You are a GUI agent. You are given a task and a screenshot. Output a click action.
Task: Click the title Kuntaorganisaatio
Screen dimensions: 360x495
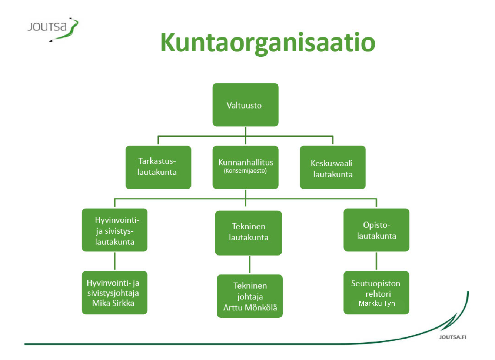268,43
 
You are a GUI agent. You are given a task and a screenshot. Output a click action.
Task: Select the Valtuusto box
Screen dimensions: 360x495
245,105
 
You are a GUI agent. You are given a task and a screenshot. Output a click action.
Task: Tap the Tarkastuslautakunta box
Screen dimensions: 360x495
158,167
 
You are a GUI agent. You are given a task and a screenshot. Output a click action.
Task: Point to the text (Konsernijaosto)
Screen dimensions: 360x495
245,171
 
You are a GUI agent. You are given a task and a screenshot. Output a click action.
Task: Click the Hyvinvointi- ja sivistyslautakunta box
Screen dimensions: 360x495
114,230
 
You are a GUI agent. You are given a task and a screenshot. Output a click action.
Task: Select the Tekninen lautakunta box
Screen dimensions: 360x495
248,233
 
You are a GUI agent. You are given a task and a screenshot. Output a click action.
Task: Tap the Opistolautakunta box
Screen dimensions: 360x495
376,230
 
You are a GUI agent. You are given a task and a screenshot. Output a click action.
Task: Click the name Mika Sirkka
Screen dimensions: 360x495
113,303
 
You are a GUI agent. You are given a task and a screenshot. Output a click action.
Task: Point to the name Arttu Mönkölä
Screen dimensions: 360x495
250,307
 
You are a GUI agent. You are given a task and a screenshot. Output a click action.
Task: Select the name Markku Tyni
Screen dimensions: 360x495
378,303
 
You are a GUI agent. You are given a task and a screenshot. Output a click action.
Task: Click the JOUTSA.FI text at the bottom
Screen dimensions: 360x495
453,337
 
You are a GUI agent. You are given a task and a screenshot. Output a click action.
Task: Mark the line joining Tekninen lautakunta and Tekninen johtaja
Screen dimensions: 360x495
250,264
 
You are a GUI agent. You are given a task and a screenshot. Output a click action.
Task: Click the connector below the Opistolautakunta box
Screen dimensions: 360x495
376,261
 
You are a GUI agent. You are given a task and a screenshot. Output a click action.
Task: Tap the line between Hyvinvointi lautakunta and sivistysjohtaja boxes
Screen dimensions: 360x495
115,261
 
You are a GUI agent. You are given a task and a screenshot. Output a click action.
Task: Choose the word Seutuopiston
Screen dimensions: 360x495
376,283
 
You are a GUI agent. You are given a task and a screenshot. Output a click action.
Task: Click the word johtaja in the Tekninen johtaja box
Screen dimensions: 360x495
250,297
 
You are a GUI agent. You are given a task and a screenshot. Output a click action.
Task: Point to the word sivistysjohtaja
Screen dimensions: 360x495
113,293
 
